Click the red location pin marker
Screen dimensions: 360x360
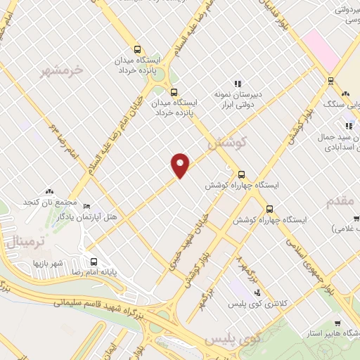pos(181,166)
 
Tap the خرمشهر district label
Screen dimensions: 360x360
pos(62,70)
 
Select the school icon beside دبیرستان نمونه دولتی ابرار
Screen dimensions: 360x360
pos(237,83)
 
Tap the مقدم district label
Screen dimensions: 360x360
pos(343,201)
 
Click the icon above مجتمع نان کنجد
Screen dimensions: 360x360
pos(49,191)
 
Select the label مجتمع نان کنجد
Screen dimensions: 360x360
pos(49,202)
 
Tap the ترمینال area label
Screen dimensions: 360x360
pos(25,242)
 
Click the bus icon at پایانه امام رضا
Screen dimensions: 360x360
pos(94,260)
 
